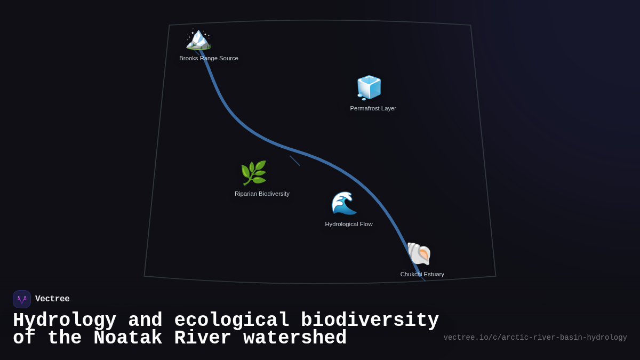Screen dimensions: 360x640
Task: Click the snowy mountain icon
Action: point(198,39)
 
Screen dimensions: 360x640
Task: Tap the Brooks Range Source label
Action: point(209,58)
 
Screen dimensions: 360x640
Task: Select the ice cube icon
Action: point(369,87)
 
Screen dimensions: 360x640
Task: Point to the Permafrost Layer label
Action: point(373,108)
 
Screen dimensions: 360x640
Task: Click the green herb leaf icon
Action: point(253,173)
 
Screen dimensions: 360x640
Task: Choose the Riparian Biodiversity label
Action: point(262,194)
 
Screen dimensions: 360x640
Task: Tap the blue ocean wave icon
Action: point(344,203)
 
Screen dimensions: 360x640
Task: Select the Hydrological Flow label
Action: point(349,224)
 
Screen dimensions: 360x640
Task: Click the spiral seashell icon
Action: point(419,253)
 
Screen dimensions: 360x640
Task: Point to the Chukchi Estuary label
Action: point(422,274)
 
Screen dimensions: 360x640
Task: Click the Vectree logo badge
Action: point(22,299)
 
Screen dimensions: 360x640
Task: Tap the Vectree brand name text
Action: point(52,299)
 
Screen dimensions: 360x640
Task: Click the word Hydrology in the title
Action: point(65,320)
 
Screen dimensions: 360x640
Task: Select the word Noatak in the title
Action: point(128,338)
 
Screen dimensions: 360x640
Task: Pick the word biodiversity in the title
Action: point(370,320)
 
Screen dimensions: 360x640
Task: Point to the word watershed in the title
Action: point(295,338)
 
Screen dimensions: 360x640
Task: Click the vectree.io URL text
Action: point(535,338)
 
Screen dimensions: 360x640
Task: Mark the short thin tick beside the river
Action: point(295,161)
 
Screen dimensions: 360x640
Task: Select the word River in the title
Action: point(203,338)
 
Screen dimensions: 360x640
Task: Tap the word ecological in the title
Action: point(231,320)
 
